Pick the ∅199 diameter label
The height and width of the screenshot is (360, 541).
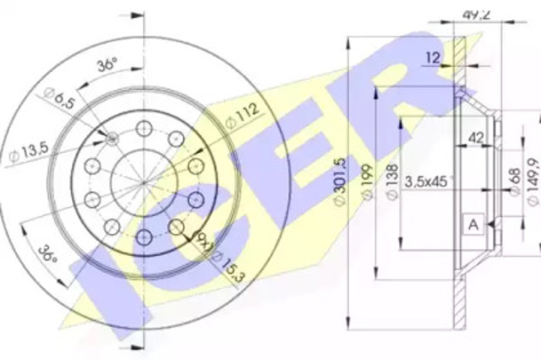click(x=366, y=188)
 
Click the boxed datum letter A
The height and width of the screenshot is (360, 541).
click(x=473, y=224)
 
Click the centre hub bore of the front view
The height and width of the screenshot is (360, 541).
click(x=142, y=177)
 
